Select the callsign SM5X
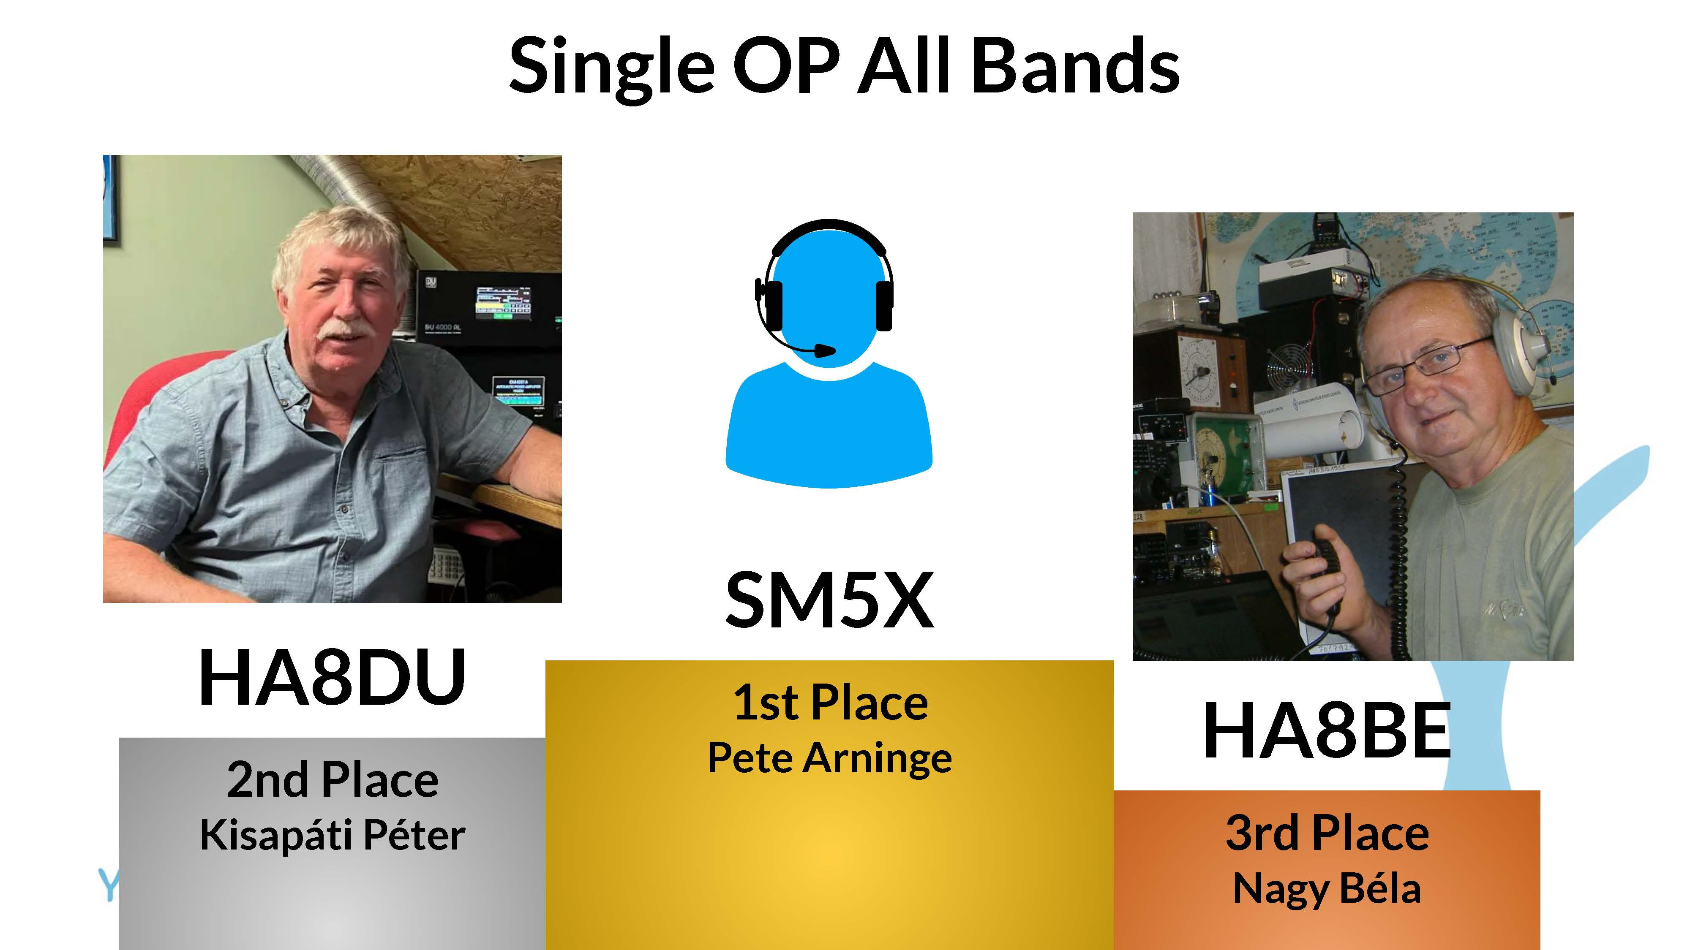(x=829, y=600)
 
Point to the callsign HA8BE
(x=1327, y=730)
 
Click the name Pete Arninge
(x=829, y=759)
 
